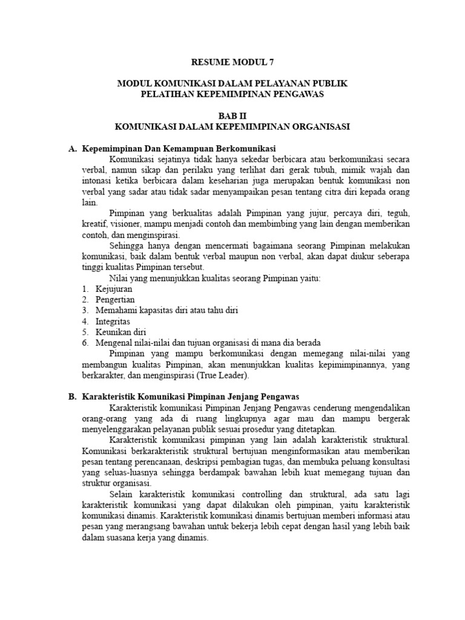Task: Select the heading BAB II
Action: click(x=232, y=115)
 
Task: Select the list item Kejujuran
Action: click(x=113, y=289)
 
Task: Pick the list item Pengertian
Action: click(x=115, y=300)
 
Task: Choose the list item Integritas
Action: click(x=113, y=321)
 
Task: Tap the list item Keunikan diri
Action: click(x=120, y=332)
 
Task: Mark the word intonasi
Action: click(x=98, y=180)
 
